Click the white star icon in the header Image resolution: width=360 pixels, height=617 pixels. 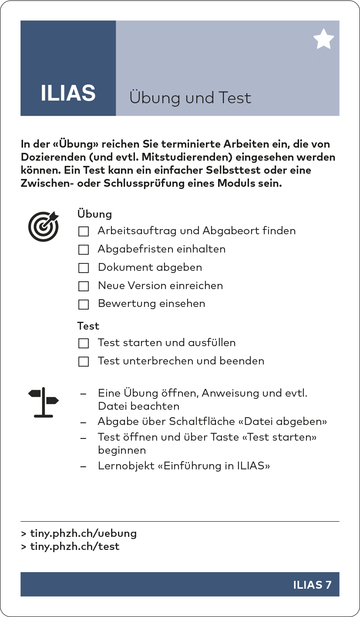[323, 39]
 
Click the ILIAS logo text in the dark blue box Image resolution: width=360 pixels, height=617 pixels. [68, 93]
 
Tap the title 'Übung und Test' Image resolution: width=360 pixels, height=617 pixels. [190, 98]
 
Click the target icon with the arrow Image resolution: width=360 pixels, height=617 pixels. [43, 226]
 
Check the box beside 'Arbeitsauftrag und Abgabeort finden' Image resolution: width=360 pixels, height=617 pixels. [84, 231]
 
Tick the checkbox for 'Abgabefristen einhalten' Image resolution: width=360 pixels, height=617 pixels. [84, 249]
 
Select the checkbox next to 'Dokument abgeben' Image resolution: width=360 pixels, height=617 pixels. [84, 268]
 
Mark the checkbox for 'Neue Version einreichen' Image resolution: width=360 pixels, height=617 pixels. [84, 286]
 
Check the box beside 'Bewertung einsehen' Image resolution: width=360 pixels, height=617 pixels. [84, 304]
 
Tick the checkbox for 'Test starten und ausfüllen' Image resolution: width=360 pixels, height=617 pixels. [84, 344]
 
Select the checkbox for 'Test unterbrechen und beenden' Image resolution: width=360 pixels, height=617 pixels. [84, 362]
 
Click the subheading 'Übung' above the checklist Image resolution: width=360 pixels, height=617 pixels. [94, 214]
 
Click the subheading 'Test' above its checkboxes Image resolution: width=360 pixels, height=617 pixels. [88, 326]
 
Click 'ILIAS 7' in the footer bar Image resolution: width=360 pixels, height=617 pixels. [312, 585]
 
